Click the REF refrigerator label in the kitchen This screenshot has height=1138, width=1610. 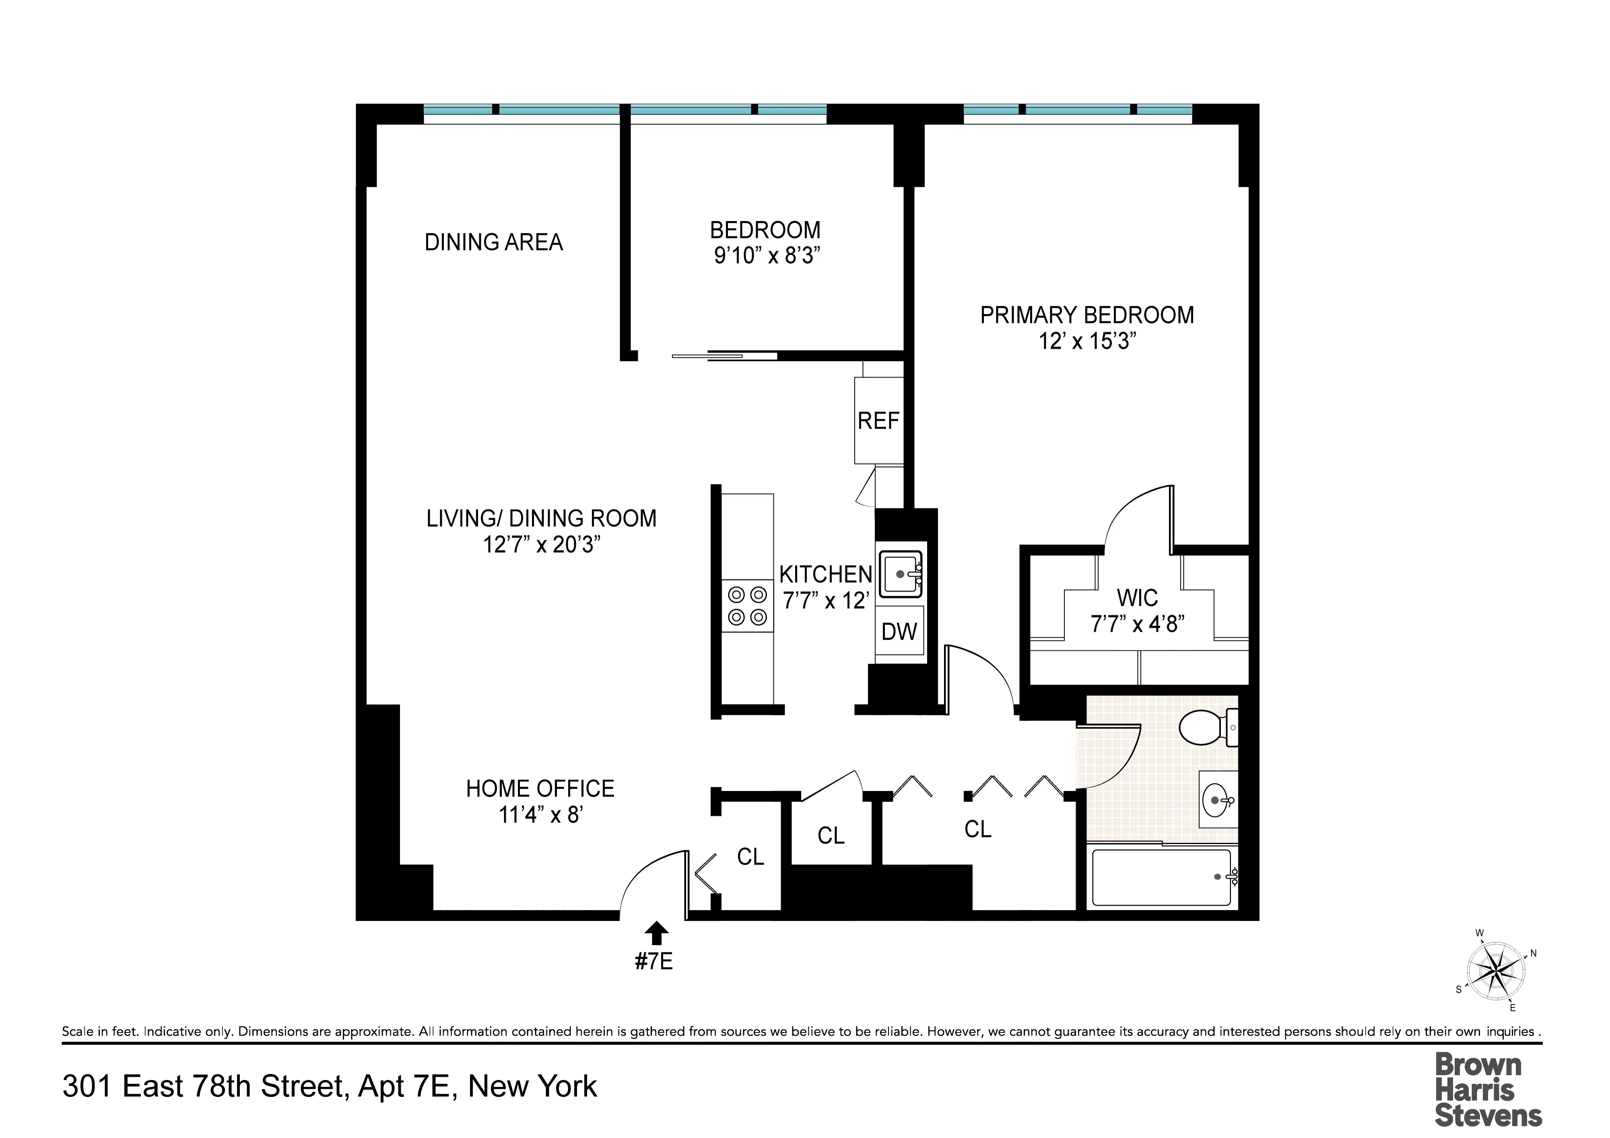click(x=878, y=421)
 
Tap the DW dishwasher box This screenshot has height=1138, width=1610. click(x=899, y=632)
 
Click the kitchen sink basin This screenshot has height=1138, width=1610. click(x=900, y=574)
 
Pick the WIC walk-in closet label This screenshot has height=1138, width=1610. click(x=1137, y=599)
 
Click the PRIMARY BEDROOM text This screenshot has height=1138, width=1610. click(x=1087, y=316)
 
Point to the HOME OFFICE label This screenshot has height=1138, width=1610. click(x=540, y=789)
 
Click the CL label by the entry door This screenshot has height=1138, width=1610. click(x=750, y=857)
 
